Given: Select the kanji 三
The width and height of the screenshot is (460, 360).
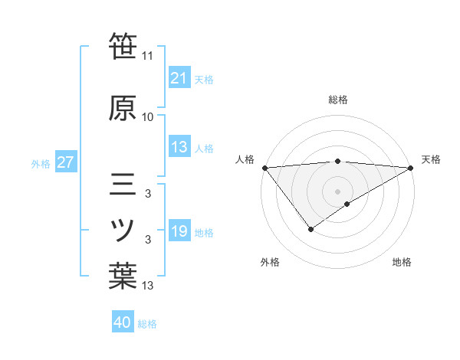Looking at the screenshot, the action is (x=123, y=186).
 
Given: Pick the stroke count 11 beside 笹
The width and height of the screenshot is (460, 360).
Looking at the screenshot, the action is (x=148, y=56).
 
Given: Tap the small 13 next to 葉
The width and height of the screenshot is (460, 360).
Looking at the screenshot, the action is (x=148, y=286).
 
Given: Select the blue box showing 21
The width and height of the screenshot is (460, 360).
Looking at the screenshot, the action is (x=179, y=77).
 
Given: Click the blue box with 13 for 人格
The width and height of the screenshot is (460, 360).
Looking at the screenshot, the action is (x=179, y=147).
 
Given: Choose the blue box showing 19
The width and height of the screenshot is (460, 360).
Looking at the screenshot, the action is (x=179, y=231).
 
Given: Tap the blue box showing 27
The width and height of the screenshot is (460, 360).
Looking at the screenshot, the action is (x=65, y=162).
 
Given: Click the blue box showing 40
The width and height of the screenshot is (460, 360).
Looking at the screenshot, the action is (x=123, y=322).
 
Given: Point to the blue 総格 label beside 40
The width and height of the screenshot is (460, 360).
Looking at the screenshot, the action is (x=148, y=324).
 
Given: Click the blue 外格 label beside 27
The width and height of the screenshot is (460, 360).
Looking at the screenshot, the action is (x=41, y=163).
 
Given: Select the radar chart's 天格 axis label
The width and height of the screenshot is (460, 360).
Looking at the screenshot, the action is (x=431, y=159).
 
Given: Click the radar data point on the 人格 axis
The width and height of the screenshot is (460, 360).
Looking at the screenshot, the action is (x=264, y=168).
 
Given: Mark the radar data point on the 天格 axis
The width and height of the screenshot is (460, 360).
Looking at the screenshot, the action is (x=411, y=168).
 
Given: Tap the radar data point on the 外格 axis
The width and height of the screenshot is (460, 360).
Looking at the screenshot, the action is (x=310, y=229).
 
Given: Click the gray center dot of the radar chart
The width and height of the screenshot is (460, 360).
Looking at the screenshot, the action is (x=337, y=191).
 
